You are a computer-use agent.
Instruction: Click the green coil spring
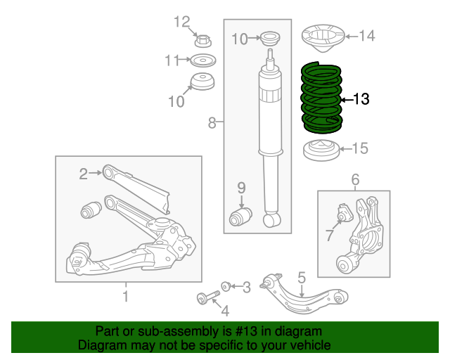[x=321, y=98]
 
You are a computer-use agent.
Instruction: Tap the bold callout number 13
[x=361, y=99]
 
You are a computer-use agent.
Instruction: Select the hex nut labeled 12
[x=203, y=41]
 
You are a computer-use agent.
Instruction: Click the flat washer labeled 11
[x=203, y=60]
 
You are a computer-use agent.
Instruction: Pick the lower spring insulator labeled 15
[x=321, y=150]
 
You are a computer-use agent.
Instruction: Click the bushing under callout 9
[x=240, y=217]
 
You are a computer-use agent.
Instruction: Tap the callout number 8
[x=212, y=123]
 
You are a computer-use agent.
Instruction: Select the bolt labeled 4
[x=209, y=297]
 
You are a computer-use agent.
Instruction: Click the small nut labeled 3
[x=226, y=286]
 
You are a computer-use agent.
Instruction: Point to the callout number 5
[x=302, y=278]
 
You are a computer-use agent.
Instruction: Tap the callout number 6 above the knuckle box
[x=355, y=180]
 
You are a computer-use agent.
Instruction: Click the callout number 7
[x=330, y=236]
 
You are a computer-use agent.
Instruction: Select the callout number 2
[x=83, y=174]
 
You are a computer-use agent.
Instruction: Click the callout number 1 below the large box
[x=126, y=296]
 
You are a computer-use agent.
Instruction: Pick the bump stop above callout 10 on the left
[x=202, y=82]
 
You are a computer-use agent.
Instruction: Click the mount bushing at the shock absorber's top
[x=270, y=38]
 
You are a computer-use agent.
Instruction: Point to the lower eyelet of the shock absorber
[x=271, y=220]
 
